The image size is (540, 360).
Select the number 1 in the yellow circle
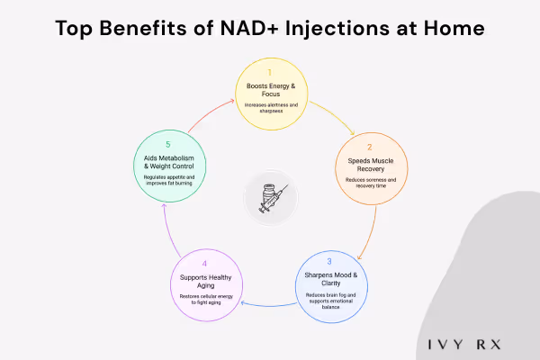click(269, 71)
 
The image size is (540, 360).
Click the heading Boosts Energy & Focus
click(269, 89)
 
